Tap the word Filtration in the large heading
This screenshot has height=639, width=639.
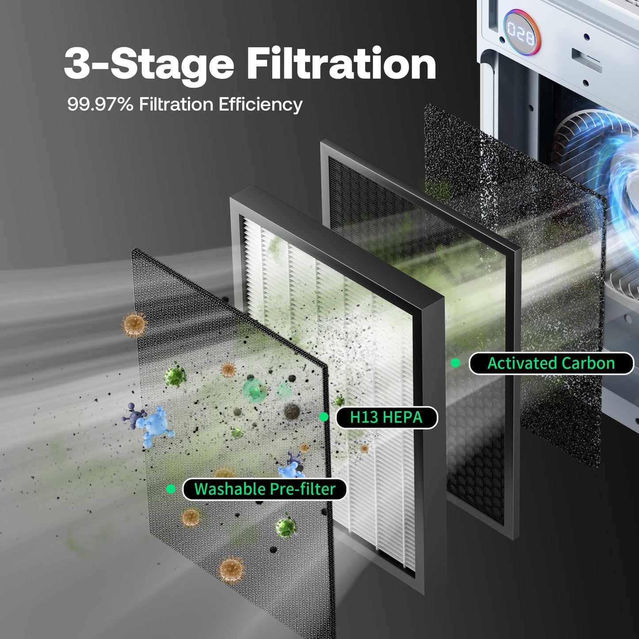click(341, 63)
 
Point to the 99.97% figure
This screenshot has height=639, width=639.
click(100, 104)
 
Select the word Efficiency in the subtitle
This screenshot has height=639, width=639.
click(260, 104)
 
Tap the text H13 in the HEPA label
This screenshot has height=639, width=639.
click(364, 417)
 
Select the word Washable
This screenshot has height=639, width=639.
click(229, 489)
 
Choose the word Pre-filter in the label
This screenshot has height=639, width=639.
click(302, 489)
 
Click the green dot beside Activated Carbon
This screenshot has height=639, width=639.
click(455, 363)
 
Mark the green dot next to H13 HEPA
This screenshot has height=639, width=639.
click(324, 417)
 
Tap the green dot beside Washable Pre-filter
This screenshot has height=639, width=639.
click(171, 489)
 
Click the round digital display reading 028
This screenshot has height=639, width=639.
click(520, 34)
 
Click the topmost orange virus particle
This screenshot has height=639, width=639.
click(134, 324)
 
